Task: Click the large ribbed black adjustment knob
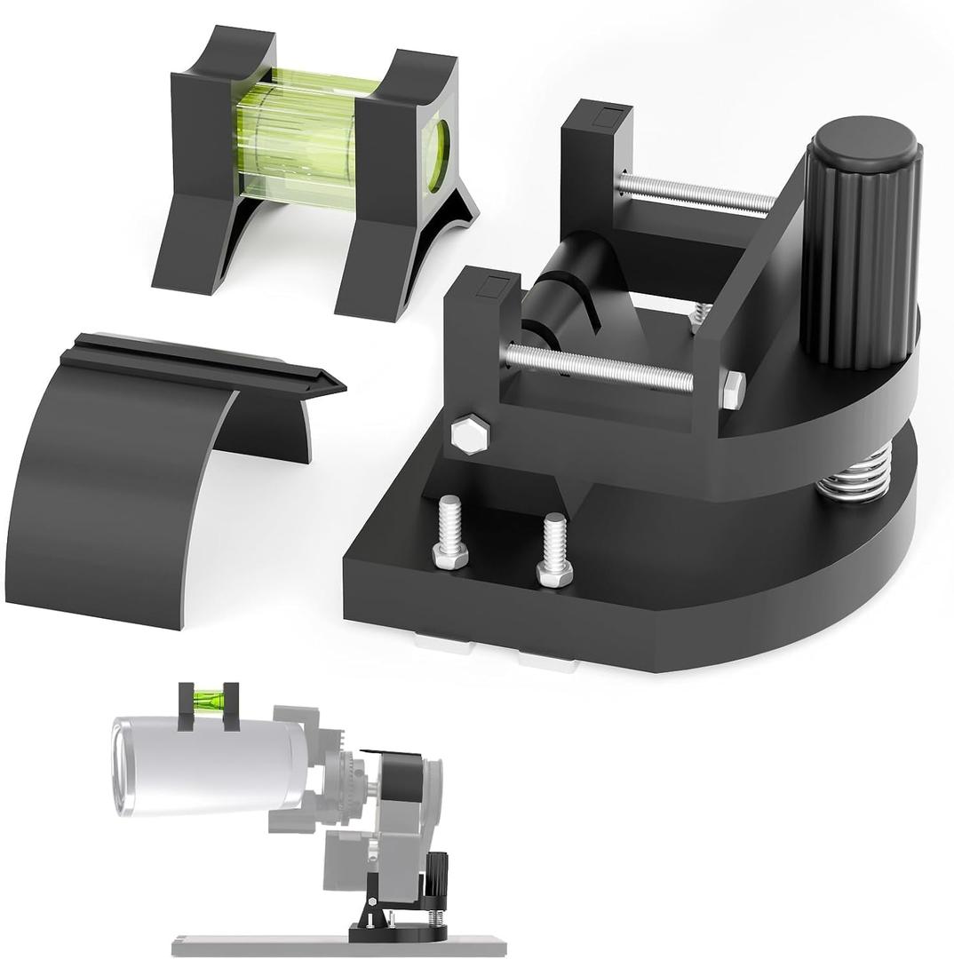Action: [860, 244]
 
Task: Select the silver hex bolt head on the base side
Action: [470, 434]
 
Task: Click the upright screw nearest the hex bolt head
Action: [450, 533]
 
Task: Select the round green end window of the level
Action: [437, 155]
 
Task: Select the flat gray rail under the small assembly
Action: [338, 947]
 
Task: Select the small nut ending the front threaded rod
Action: [734, 390]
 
